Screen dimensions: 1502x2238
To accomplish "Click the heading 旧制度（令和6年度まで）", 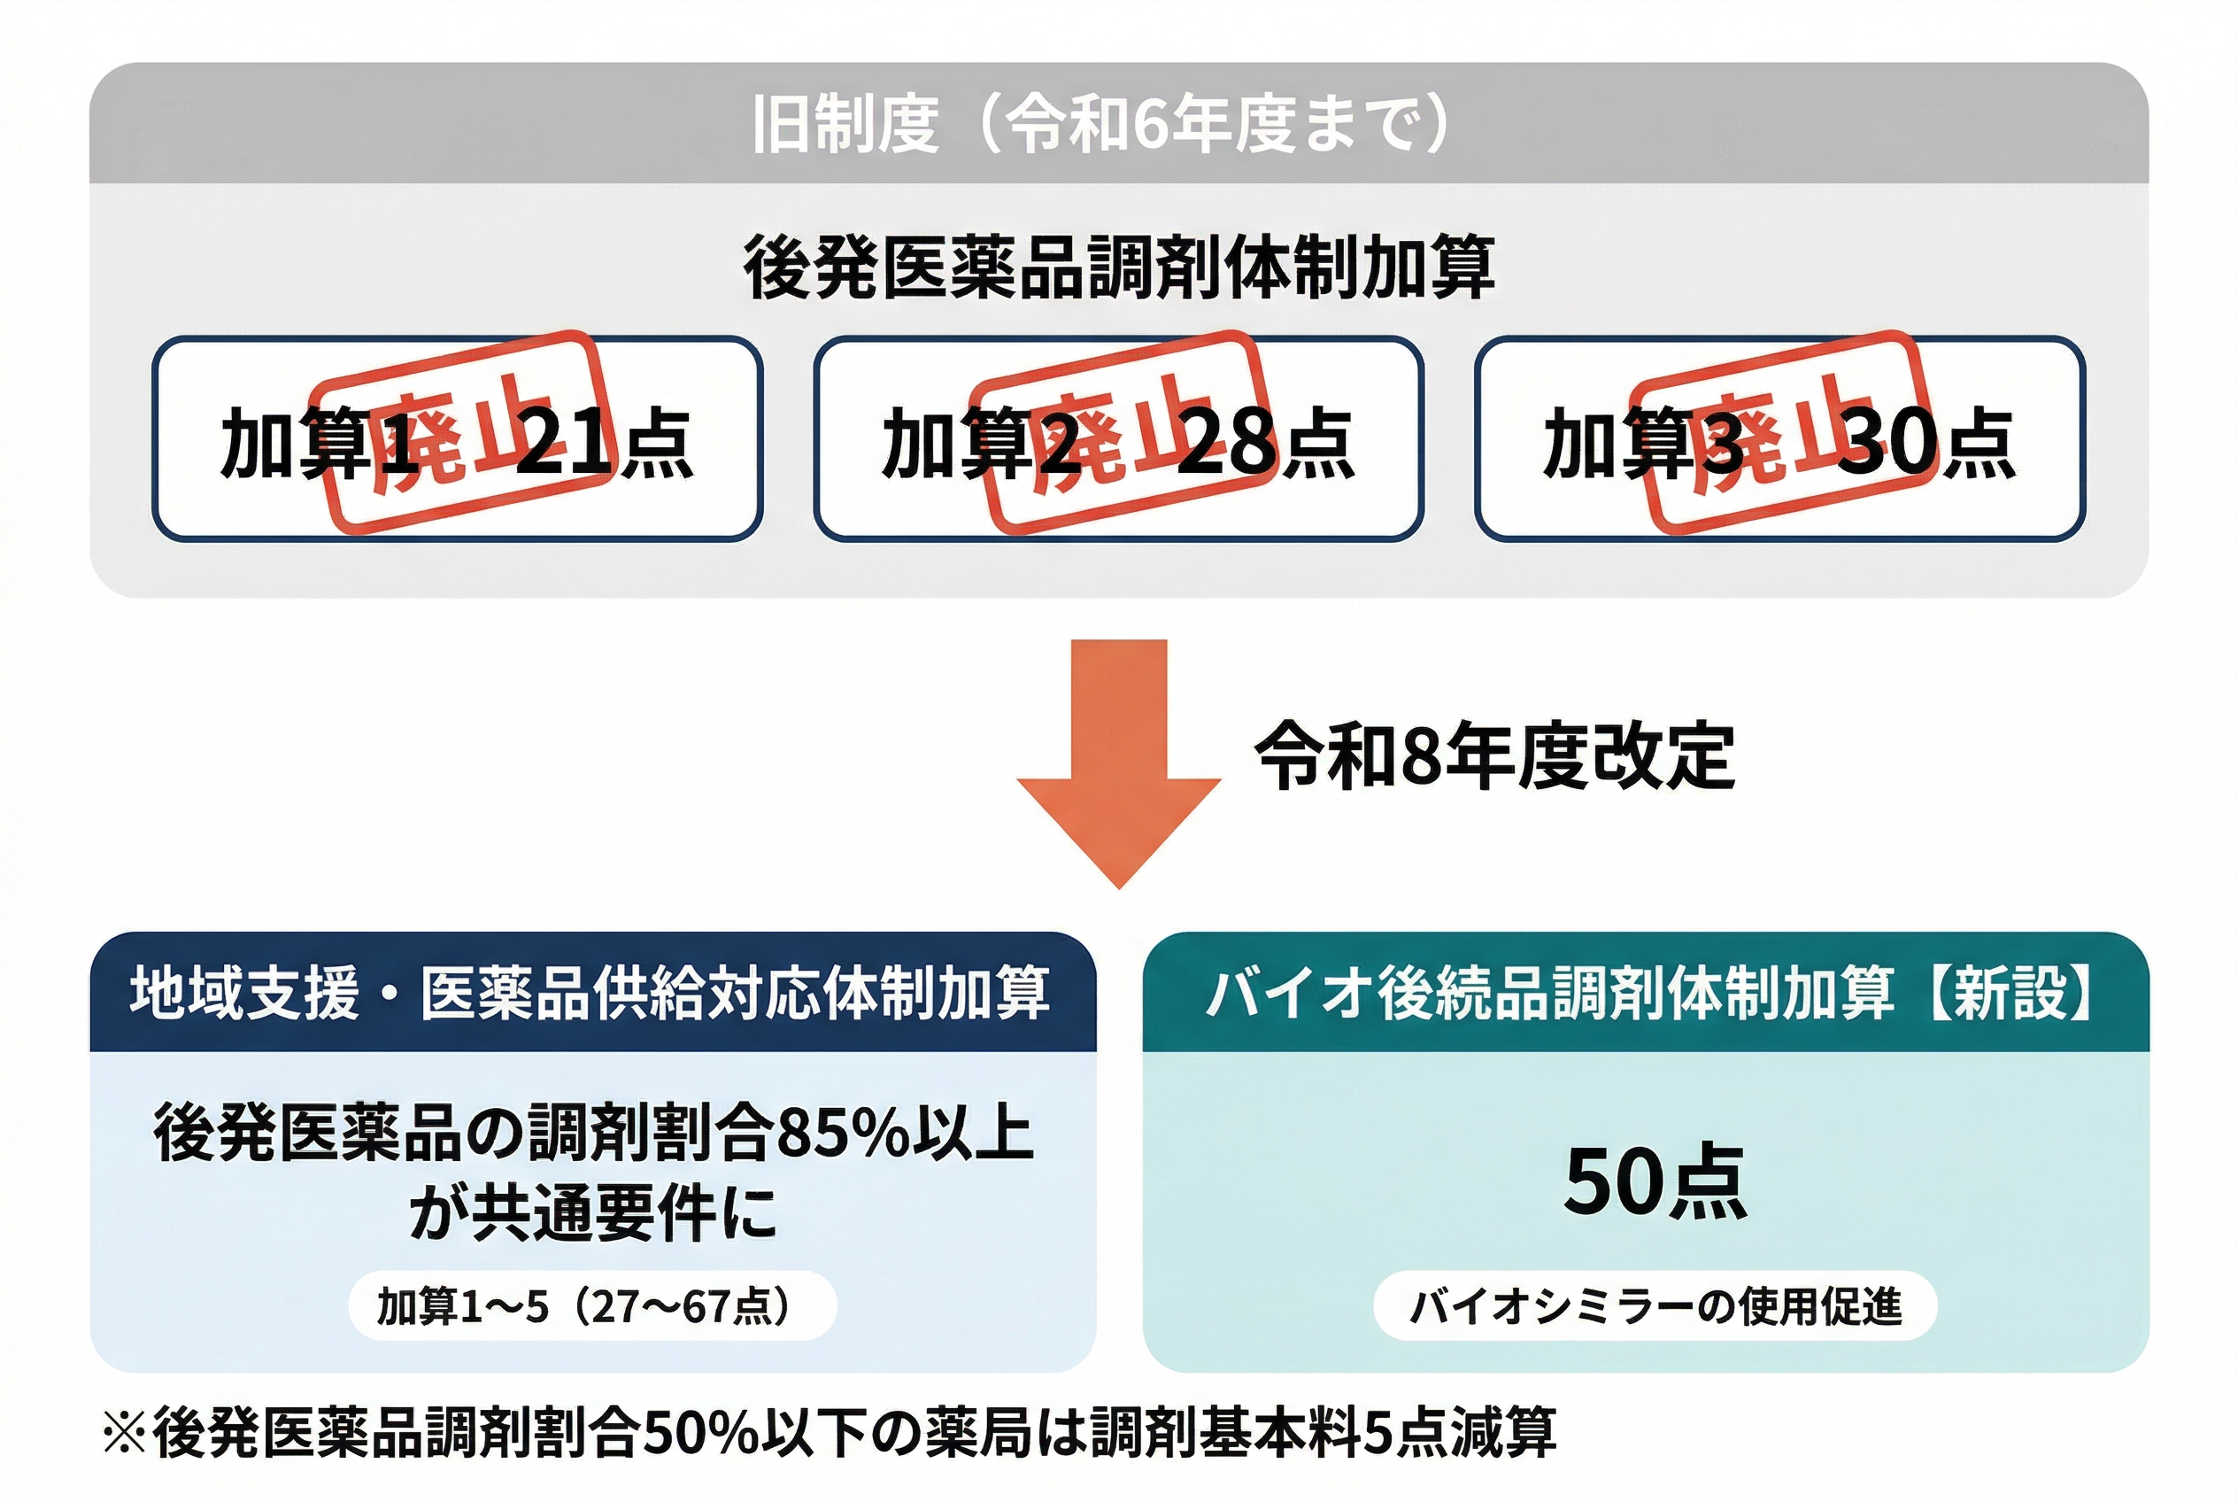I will [x=1101, y=125].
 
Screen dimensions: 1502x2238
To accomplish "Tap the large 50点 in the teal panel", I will [x=1655, y=1183].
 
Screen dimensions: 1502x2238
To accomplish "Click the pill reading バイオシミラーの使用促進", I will [x=1655, y=1305].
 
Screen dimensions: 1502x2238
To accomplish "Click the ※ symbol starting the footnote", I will [x=125, y=1434].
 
